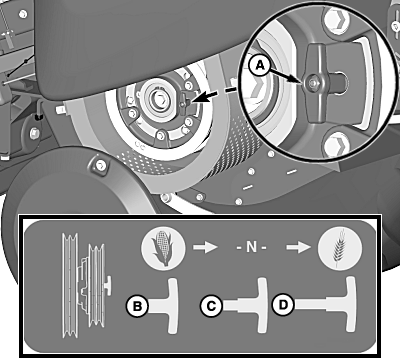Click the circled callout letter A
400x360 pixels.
click(x=260, y=65)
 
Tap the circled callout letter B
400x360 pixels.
click(x=137, y=306)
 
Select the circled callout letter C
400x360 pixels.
click(x=211, y=306)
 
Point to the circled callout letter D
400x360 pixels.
click(x=283, y=305)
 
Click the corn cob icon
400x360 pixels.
click(x=163, y=249)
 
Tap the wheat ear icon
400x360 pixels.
click(x=339, y=249)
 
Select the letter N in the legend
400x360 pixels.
click(x=251, y=247)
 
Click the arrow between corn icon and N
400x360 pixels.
click(x=205, y=247)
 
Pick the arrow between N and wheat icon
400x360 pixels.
click(x=298, y=247)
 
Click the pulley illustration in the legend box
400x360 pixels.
click(x=86, y=285)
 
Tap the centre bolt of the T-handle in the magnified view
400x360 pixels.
click(x=313, y=83)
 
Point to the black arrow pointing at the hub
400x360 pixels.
click(x=204, y=97)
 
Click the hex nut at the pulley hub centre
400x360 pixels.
click(x=158, y=99)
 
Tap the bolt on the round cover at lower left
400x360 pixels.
click(x=100, y=165)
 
